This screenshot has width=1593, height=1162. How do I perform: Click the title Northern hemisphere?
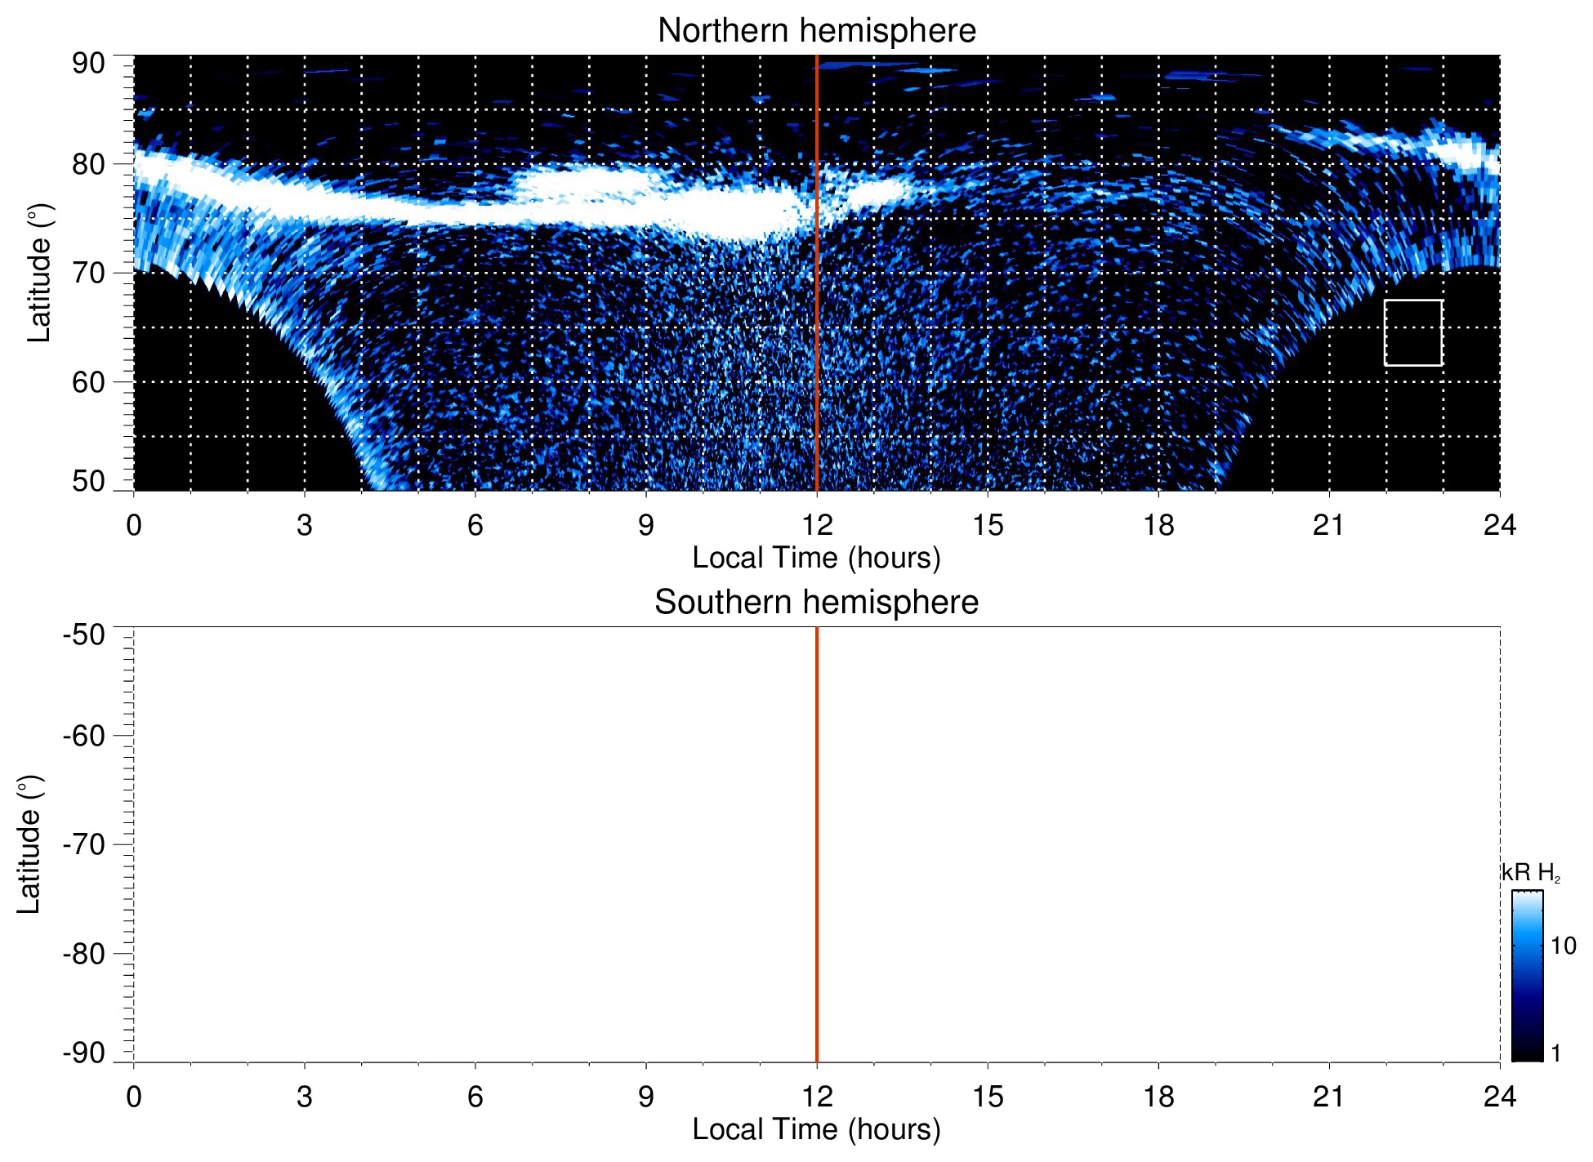coord(816,31)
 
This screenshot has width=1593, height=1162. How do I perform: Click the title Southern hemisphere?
coord(816,603)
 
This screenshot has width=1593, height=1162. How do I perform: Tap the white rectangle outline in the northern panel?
coord(1412,301)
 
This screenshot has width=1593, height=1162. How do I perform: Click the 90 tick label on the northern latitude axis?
coord(88,63)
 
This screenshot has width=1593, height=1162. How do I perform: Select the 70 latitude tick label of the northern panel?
coord(88,273)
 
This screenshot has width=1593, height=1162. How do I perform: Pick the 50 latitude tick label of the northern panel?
coord(88,481)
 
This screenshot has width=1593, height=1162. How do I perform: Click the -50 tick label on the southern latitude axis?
coord(84,634)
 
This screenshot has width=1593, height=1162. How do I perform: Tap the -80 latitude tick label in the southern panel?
coord(84,953)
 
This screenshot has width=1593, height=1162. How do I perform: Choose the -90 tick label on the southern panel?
coord(84,1053)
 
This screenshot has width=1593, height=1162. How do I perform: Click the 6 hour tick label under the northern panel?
coord(475,525)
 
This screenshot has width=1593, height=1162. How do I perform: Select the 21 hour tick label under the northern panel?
coord(1329,525)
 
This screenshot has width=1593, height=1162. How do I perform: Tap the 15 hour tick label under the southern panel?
coord(988,1097)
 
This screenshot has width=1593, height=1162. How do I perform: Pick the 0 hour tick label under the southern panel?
coord(134,1097)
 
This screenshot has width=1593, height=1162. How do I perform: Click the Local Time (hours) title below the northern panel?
coord(816,558)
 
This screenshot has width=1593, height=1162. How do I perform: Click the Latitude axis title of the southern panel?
coord(29,845)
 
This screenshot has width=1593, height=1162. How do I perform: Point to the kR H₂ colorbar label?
coord(1530,873)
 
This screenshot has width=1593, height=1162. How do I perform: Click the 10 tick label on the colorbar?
coord(1563,946)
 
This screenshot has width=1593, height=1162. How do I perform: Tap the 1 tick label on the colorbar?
coord(1555,1053)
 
